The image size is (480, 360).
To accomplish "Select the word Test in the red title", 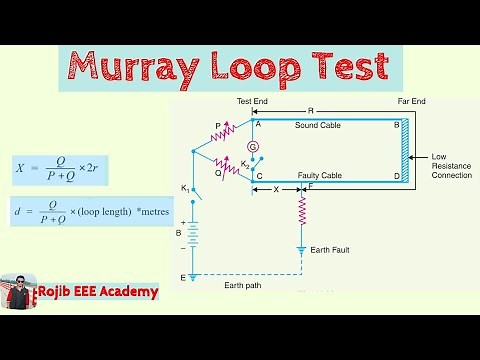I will tap(345, 68).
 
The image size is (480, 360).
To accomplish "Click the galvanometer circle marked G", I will tap(253, 145).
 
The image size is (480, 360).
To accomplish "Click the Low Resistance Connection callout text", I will tap(453, 166).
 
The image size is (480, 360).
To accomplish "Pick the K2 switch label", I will tap(245, 163).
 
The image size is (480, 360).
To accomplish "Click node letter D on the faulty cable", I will tap(397, 175).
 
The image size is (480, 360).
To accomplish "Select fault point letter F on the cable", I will tap(311, 186).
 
